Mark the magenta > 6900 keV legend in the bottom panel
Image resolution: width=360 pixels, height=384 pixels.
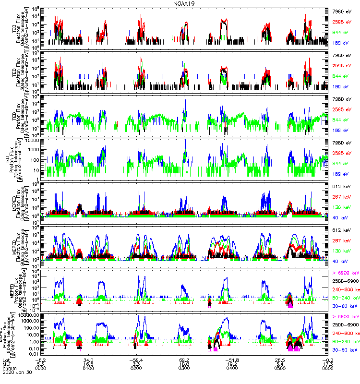point(346,317)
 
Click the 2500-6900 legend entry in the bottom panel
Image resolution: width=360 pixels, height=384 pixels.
point(346,325)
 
